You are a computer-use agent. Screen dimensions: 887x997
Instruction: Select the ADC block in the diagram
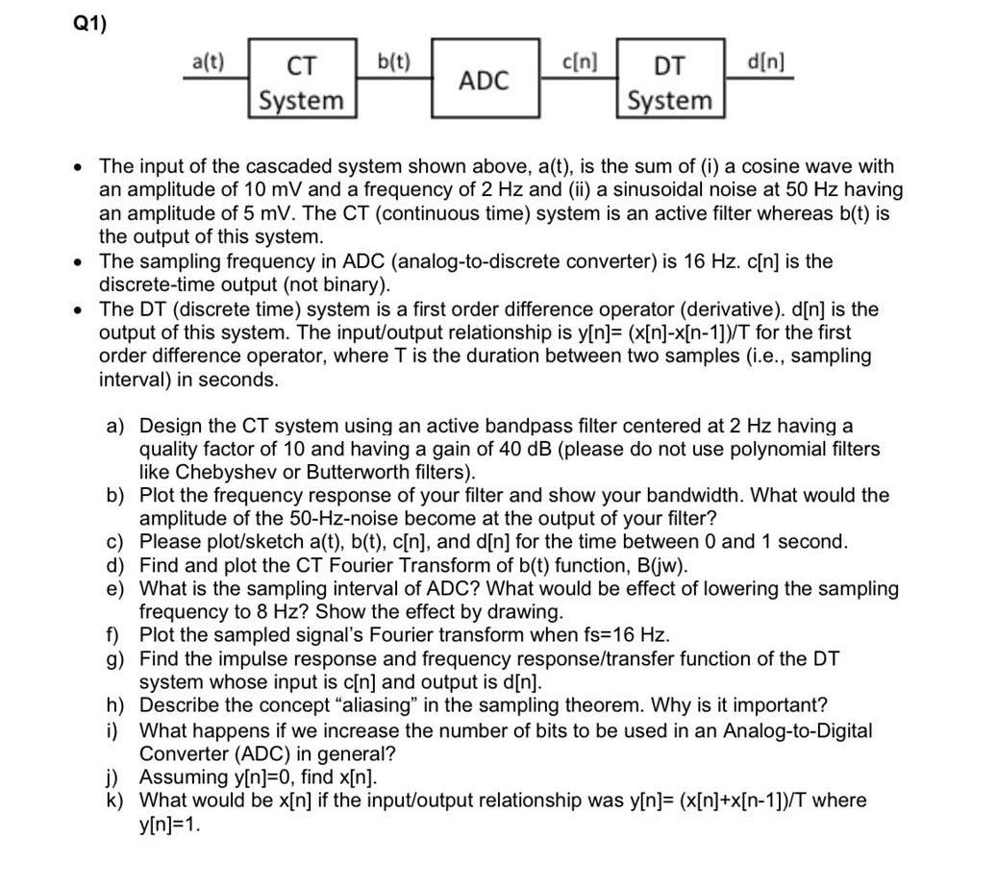483,81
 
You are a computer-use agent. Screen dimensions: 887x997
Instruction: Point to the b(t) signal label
393,62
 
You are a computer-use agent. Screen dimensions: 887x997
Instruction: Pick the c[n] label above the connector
579,62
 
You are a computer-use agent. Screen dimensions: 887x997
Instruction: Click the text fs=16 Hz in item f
621,636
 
